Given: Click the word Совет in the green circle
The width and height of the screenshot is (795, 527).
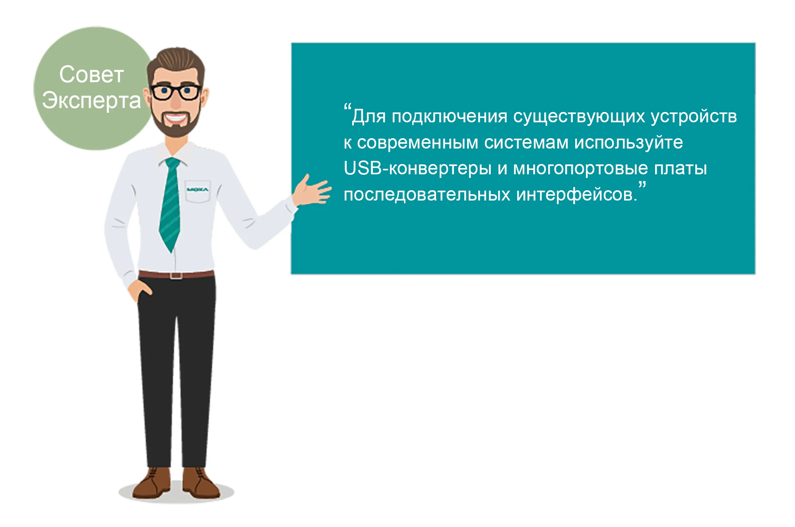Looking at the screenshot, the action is (x=91, y=74).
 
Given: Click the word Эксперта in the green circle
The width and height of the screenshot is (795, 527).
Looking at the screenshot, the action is (x=91, y=100).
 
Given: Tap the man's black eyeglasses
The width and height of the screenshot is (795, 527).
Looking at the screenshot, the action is (x=176, y=92).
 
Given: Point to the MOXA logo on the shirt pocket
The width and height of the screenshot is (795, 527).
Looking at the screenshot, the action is (x=197, y=189).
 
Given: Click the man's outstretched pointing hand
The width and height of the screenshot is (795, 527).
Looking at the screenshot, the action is (x=312, y=191).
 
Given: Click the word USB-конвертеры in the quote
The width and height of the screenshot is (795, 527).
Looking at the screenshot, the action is (x=417, y=168).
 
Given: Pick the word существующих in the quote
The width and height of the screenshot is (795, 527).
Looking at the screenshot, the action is (x=579, y=117).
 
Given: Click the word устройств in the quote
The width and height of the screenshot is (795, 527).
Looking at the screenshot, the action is (x=694, y=117).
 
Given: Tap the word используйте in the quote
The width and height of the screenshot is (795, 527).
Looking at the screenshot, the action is (x=629, y=142).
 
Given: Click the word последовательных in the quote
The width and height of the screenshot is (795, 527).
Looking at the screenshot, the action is (x=427, y=195).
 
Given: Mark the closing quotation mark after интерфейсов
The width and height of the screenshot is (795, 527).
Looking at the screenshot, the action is (x=642, y=185).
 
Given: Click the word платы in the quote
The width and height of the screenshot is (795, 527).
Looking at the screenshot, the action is (x=681, y=168).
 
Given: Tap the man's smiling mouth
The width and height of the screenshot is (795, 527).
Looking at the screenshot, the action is (x=176, y=118).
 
